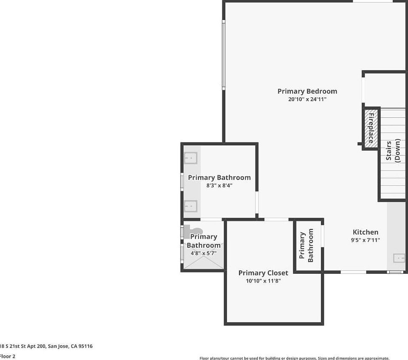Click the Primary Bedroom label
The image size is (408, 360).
pyautogui.click(x=307, y=91)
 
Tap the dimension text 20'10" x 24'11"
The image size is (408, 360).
pyautogui.click(x=307, y=99)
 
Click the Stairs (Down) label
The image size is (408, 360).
pyautogui.click(x=393, y=150)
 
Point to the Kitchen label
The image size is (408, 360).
pyautogui.click(x=365, y=232)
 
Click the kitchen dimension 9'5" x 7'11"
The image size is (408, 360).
pyautogui.click(x=365, y=240)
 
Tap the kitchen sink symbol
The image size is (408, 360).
pyautogui.click(x=399, y=258)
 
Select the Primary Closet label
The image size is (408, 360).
pyautogui.click(x=263, y=273)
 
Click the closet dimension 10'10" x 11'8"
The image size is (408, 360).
pyautogui.click(x=263, y=281)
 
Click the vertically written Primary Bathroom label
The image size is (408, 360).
pyautogui.click(x=306, y=245)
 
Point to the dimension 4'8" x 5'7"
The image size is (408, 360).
pyautogui.click(x=204, y=253)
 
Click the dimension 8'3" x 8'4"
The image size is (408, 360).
pyautogui.click(x=219, y=185)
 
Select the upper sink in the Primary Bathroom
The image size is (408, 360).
pyautogui.click(x=191, y=158)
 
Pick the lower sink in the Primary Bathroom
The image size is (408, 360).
pyautogui.click(x=191, y=207)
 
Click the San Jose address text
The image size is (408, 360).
pyautogui.click(x=46, y=346)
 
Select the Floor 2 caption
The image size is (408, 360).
pyautogui.click(x=8, y=356)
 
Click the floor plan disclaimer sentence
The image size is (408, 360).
pyautogui.click(x=294, y=358)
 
